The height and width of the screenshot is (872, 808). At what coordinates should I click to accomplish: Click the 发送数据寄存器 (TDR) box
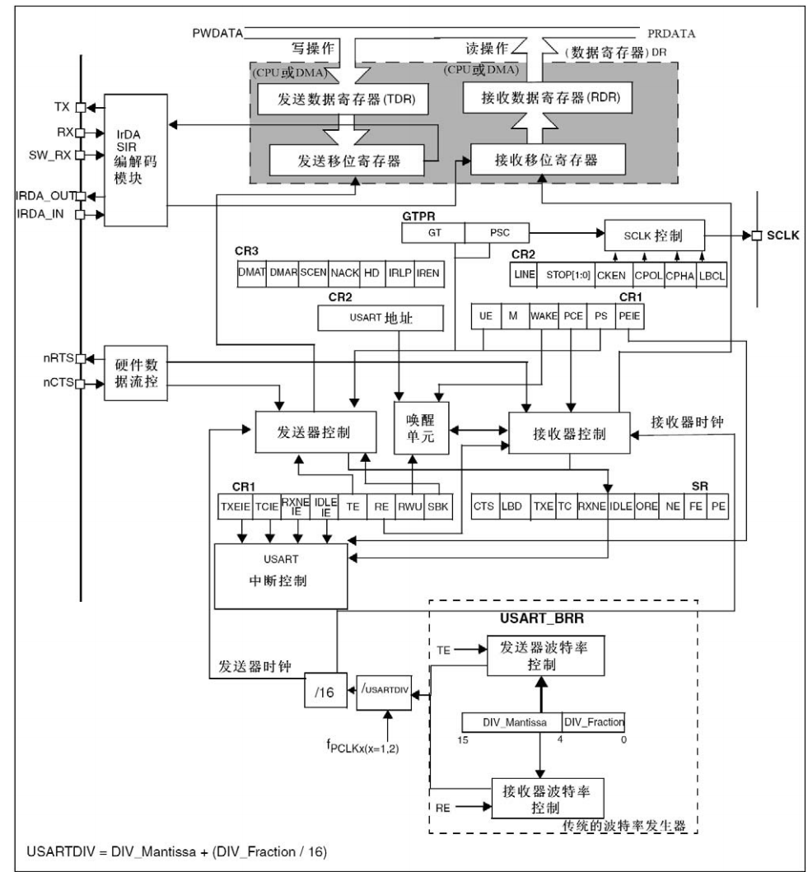(343, 99)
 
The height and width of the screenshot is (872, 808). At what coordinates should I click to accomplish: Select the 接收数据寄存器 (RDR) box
(548, 97)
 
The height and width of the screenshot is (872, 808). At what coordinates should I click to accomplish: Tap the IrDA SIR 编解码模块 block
(136, 161)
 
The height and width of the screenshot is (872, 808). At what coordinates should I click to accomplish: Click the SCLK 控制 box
(655, 235)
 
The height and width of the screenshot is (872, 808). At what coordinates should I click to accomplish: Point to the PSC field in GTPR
(497, 233)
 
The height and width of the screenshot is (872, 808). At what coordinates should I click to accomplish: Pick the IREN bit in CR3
(429, 273)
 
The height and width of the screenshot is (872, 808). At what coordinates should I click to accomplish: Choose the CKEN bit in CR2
(611, 275)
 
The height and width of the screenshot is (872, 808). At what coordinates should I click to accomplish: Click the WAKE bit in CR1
(544, 316)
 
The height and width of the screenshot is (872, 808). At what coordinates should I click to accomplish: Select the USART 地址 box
(381, 318)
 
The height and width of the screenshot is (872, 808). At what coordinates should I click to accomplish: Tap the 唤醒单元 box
(421, 427)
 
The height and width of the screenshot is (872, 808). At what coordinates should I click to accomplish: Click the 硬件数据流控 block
(136, 373)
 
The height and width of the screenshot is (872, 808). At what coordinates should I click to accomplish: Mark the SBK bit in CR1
(438, 506)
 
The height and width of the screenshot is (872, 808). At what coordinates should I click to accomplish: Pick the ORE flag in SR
(647, 506)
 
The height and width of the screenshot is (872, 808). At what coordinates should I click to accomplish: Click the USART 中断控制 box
(281, 576)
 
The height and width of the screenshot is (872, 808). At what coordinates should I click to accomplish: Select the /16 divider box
(325, 691)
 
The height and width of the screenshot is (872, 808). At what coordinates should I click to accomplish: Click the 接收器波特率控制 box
(548, 798)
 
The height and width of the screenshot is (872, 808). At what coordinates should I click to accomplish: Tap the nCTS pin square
(80, 384)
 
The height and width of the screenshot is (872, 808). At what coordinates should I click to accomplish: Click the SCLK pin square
(756, 235)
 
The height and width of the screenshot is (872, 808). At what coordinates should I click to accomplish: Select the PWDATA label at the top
(217, 34)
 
